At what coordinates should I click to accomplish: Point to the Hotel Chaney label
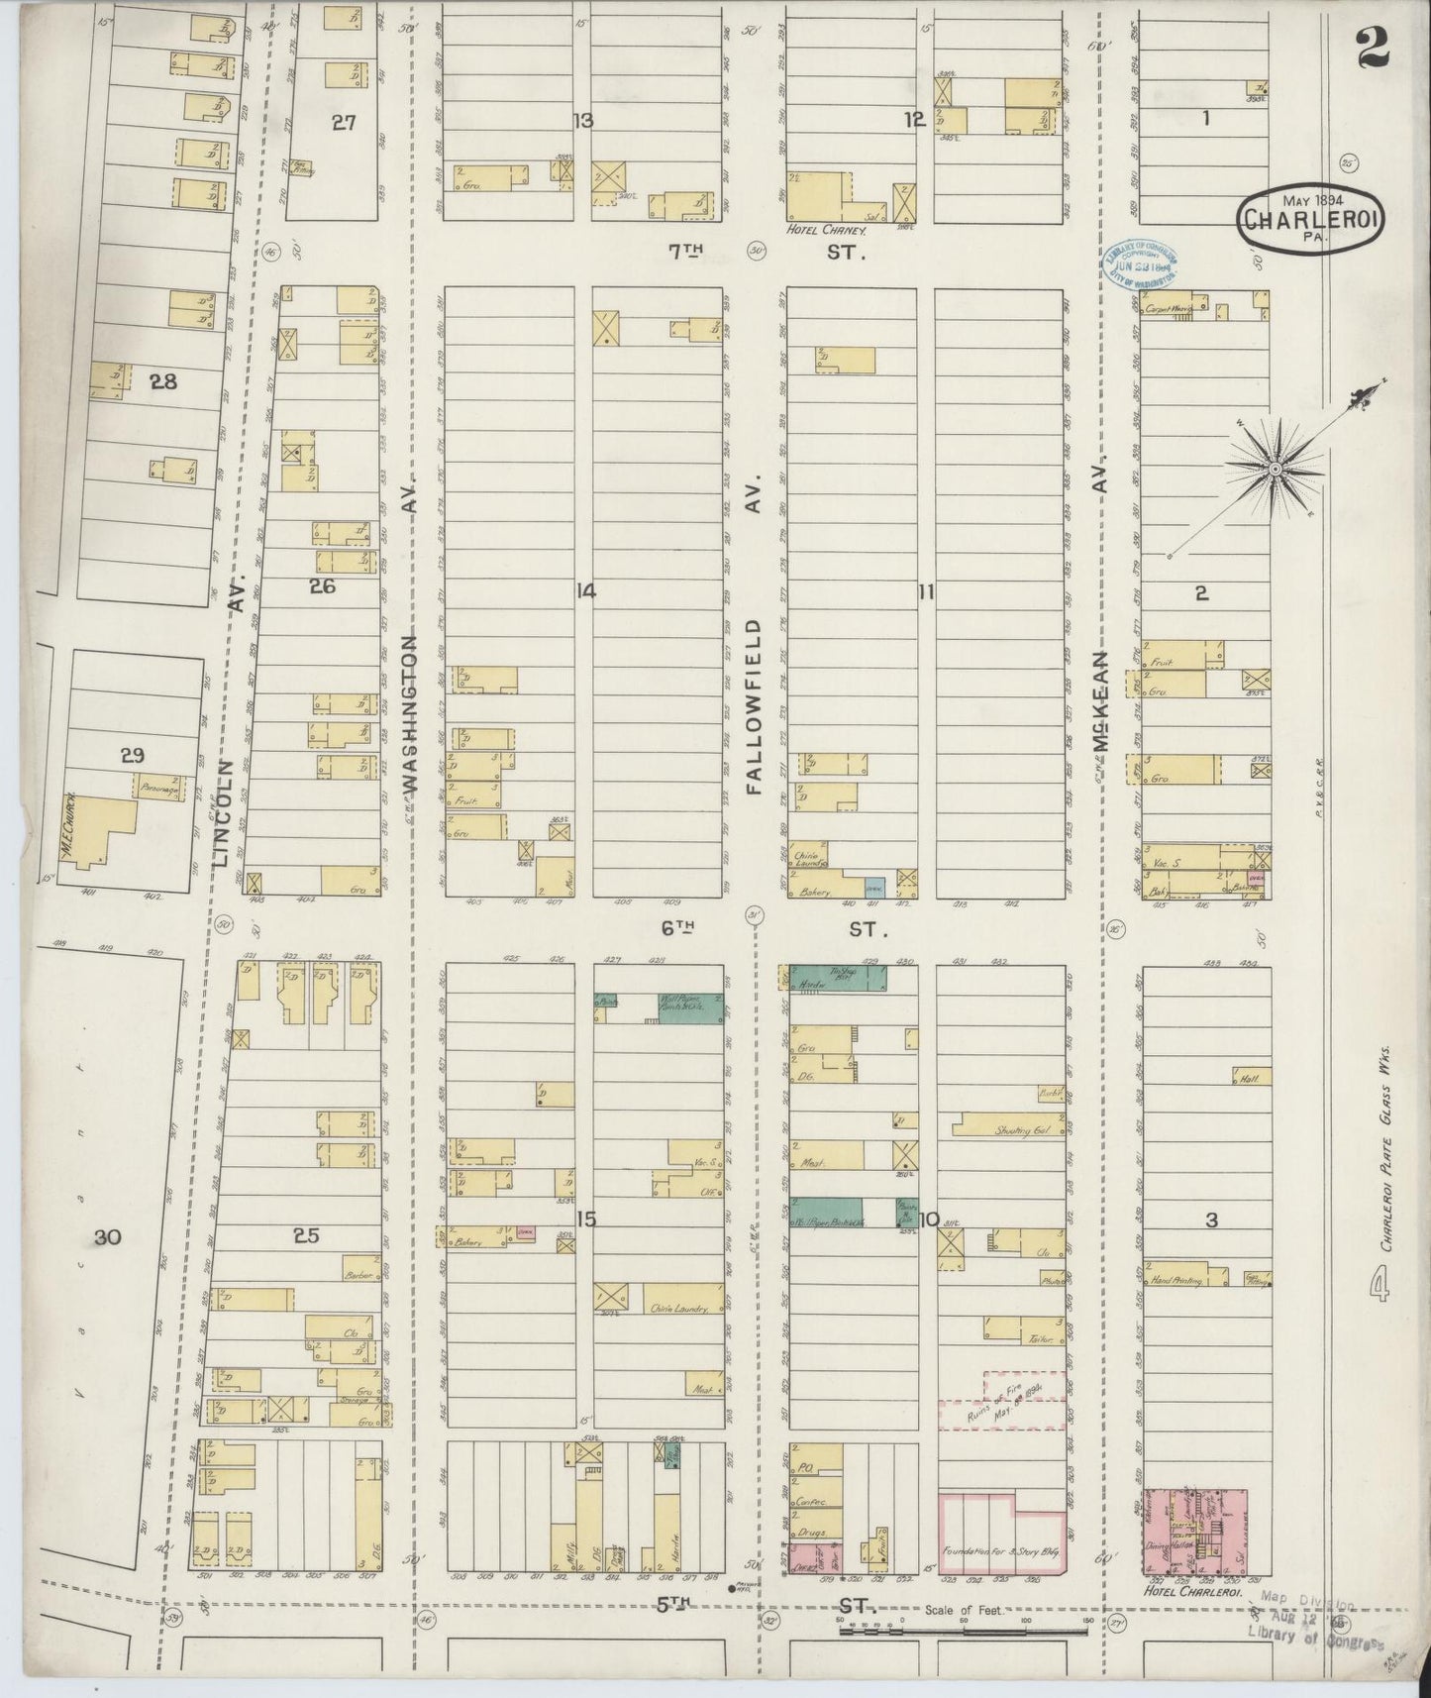[x=828, y=229]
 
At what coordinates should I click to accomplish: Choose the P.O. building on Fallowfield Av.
[x=815, y=1462]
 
